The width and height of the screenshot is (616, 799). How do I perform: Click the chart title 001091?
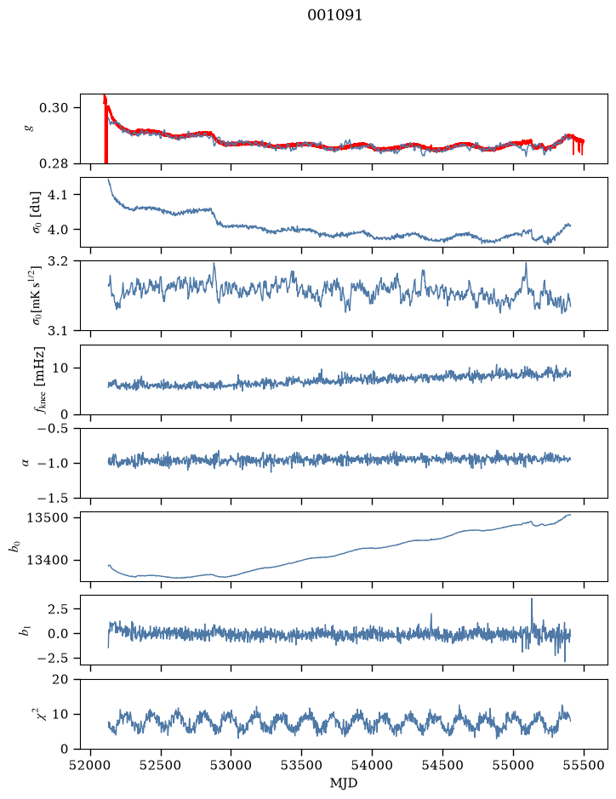[334, 15]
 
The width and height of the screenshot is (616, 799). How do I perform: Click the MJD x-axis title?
[344, 783]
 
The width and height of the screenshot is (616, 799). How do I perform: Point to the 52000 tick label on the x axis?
[91, 765]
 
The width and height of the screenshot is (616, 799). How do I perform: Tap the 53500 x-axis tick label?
[302, 765]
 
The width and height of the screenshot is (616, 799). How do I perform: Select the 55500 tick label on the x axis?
[584, 765]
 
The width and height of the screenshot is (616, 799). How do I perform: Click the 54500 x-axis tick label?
[442, 765]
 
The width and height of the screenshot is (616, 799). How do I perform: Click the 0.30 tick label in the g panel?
[54, 107]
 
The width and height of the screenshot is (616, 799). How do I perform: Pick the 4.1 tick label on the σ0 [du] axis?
[58, 195]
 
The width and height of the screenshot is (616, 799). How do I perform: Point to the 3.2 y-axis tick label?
[58, 261]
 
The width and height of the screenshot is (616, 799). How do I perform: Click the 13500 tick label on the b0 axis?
[47, 517]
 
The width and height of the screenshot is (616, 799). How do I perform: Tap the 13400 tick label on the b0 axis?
[47, 560]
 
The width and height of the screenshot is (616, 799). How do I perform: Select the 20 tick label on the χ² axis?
[60, 680]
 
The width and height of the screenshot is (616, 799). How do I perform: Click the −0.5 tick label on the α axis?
[54, 429]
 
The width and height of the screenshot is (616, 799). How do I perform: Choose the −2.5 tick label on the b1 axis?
[54, 659]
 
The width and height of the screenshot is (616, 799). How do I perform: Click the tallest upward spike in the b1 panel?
[532, 599]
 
